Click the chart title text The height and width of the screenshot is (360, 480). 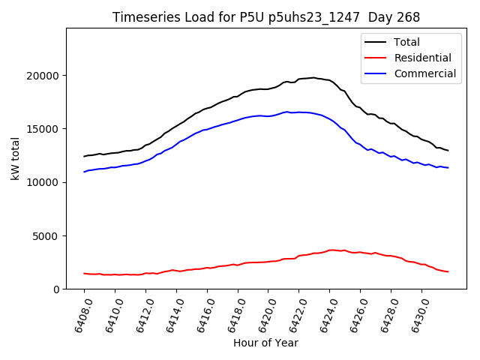coord(265,17)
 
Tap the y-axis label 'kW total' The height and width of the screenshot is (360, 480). coord(15,158)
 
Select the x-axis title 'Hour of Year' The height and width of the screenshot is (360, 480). coord(265,343)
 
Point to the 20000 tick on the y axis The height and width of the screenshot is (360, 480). coord(43,76)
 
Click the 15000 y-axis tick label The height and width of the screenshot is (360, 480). coord(43,129)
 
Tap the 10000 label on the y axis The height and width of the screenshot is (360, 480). coord(43,182)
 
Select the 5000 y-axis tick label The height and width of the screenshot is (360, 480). coord(46,236)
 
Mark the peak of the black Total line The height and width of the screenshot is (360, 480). coord(313,77)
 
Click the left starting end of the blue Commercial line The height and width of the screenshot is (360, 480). coord(84,172)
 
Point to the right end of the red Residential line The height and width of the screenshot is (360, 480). coord(448,271)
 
